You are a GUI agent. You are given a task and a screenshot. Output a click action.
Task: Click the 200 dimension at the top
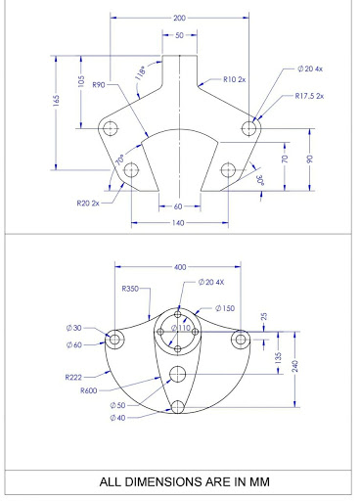(x=179, y=18)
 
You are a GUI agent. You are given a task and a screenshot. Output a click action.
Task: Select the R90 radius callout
(x=99, y=85)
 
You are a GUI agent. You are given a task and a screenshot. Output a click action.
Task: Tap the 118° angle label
(x=141, y=73)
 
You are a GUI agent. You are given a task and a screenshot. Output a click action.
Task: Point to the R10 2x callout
(x=235, y=79)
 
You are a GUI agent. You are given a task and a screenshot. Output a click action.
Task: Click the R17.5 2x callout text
(x=309, y=96)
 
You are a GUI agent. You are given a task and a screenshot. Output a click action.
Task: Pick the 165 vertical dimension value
(x=57, y=101)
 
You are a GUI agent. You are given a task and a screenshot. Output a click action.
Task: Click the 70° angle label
(x=120, y=159)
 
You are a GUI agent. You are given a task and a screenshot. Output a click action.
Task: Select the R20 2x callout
(x=88, y=204)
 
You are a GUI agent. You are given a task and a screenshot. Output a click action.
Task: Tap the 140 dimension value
(x=178, y=223)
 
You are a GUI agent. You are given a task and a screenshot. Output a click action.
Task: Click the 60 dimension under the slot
(x=178, y=206)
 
